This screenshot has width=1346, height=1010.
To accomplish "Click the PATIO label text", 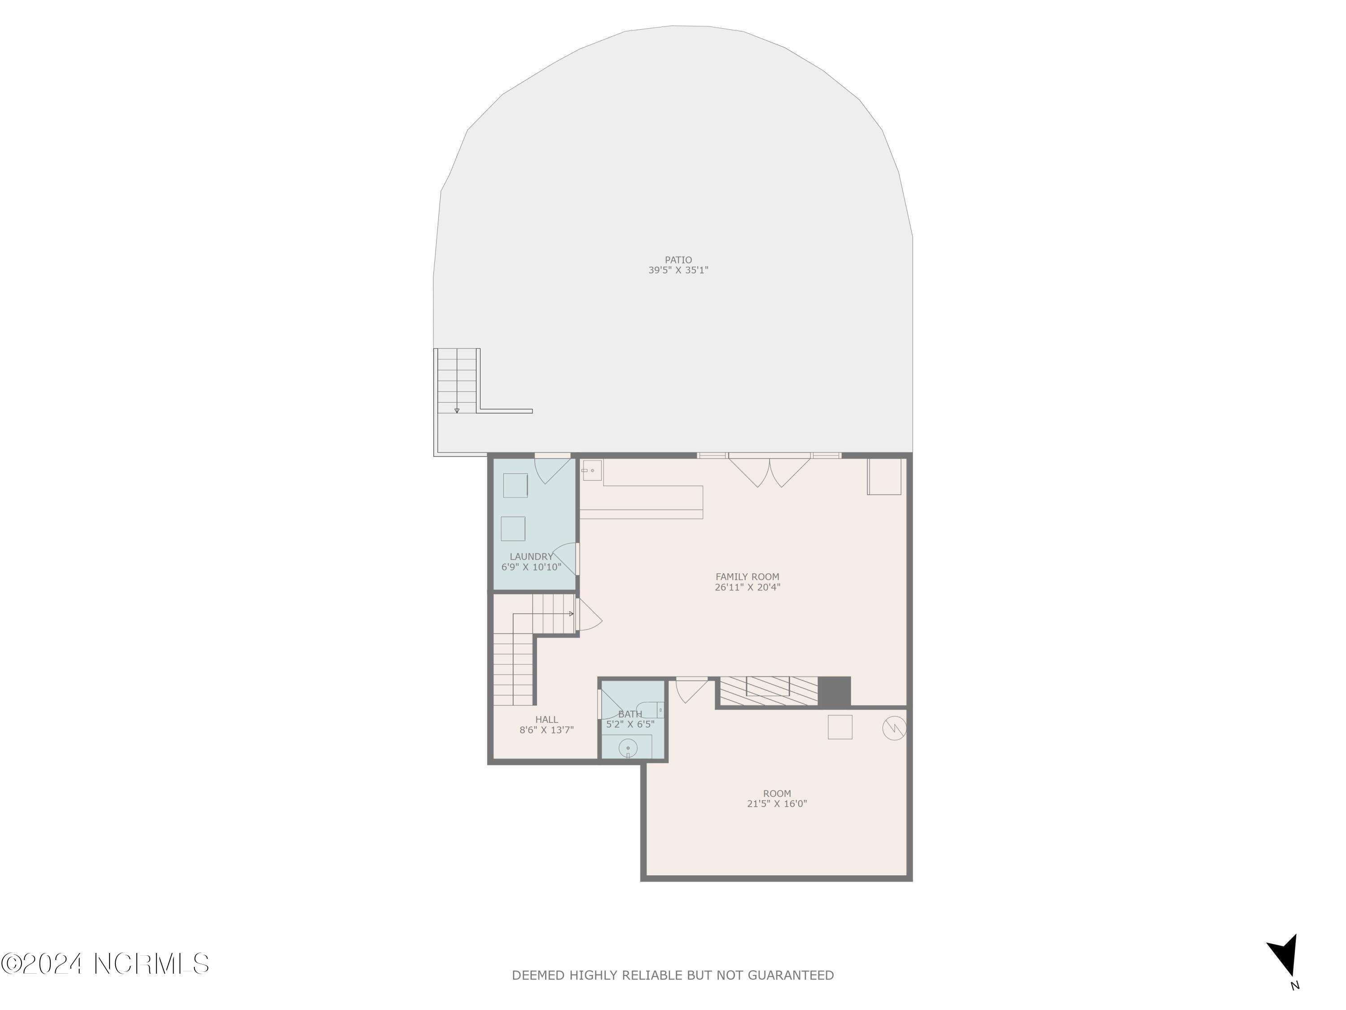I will point(678,260).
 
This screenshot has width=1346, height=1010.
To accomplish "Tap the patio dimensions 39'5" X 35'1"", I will point(678,270).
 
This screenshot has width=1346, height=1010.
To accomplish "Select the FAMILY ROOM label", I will point(747,576).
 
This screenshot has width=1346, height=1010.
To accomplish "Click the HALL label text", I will point(546,720).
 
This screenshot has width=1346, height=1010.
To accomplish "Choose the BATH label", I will point(630,714).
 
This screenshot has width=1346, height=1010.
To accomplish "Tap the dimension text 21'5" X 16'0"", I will point(777,804).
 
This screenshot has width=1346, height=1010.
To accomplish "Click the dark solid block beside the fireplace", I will point(834,692).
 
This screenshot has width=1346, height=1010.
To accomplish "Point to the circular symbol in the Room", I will point(894,728).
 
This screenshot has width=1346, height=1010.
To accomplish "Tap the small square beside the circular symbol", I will point(840,727).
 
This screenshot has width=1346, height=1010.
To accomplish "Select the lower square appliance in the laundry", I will point(513,528).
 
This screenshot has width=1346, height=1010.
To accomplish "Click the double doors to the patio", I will point(769,471).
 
